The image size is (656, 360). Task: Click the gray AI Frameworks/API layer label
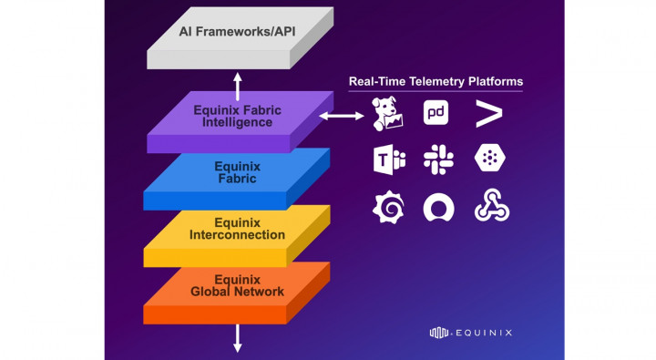point(237,29)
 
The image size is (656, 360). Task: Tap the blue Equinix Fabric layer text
point(236,172)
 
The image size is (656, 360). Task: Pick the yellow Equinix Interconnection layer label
point(237,228)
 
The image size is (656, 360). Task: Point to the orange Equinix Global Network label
point(237,284)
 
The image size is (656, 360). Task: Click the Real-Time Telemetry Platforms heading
point(436,82)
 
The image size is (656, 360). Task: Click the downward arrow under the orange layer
point(238,338)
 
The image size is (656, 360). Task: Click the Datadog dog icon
point(386,114)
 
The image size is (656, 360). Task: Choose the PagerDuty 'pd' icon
point(436,113)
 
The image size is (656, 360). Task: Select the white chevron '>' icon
point(487,114)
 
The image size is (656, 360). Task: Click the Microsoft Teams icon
point(386,159)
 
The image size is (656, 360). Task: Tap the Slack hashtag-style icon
point(437,159)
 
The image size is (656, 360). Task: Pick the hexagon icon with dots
point(487,159)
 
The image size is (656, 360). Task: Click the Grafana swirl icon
point(386,208)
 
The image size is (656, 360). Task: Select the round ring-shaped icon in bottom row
point(437,208)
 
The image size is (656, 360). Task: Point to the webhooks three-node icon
point(487,208)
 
